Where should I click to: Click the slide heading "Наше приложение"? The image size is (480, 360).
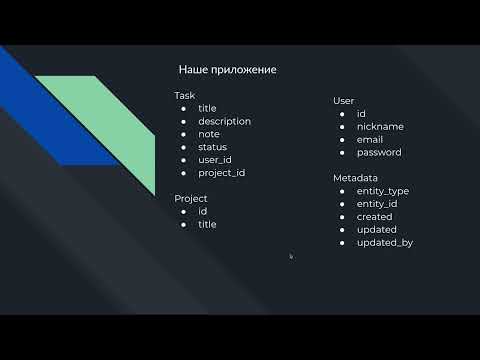(x=227, y=70)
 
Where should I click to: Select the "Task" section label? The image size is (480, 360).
(x=185, y=96)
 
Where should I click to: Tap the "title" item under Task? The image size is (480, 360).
(x=207, y=108)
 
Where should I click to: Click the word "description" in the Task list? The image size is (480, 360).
(x=224, y=121)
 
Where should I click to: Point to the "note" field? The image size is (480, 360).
(x=209, y=134)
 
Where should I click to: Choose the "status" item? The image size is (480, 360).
(x=213, y=147)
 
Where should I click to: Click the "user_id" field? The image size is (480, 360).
(x=215, y=160)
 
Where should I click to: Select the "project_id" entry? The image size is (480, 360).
(x=221, y=173)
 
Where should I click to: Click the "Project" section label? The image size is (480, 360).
(x=191, y=198)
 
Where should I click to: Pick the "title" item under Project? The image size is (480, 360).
(x=207, y=224)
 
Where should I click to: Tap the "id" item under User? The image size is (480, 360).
(x=361, y=114)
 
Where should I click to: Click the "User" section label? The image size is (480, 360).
(x=344, y=101)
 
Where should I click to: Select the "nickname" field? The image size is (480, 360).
(x=380, y=127)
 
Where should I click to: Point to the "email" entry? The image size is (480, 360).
(x=370, y=140)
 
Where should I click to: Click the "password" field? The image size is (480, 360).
(x=379, y=153)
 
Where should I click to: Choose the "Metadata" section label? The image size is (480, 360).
(x=355, y=178)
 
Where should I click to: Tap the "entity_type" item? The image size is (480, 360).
(x=383, y=191)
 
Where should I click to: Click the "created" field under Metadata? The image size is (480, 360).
(x=375, y=217)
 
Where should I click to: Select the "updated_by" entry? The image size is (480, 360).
(x=385, y=243)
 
